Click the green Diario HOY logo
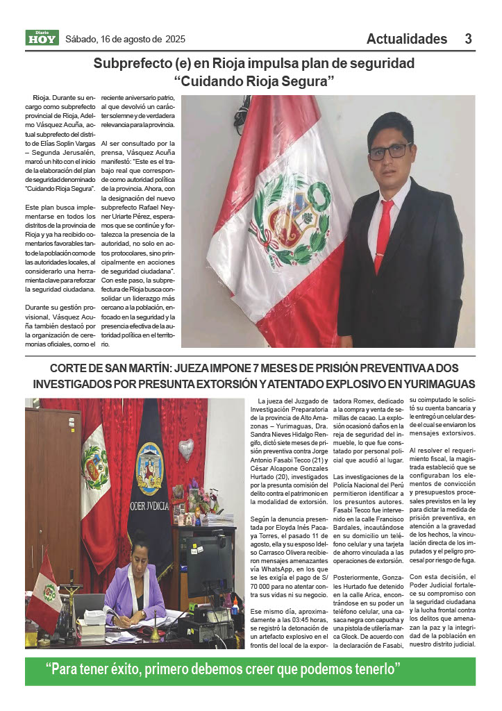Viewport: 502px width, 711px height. pos(42,38)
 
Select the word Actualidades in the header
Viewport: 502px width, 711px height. pos(407,39)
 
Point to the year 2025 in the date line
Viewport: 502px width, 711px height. pos(176,39)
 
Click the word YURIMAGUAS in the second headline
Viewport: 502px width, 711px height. pos(434,383)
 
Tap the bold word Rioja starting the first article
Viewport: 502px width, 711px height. pos(40,98)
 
